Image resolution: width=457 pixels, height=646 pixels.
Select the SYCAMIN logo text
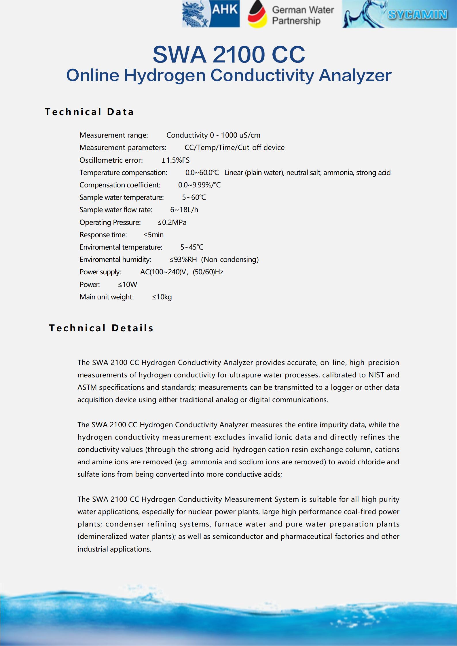pyautogui.click(x=418, y=14)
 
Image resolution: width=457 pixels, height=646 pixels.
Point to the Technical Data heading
pyautogui.click(x=89, y=112)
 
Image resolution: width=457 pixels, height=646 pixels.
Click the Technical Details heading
pyautogui.click(x=101, y=328)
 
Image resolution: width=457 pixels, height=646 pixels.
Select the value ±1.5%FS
pyautogui.click(x=175, y=160)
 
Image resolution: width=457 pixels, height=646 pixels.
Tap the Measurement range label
pyautogui.click(x=114, y=135)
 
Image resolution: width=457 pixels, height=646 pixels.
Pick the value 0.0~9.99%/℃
pyautogui.click(x=199, y=185)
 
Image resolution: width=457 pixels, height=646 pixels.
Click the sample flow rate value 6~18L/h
pyautogui.click(x=184, y=210)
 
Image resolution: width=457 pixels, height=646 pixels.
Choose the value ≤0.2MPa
pyautogui.click(x=172, y=222)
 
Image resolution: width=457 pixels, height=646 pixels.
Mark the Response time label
pyautogui.click(x=103, y=235)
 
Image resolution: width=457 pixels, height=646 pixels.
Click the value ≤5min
pyautogui.click(x=153, y=235)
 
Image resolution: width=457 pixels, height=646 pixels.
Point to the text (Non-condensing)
pyautogui.click(x=230, y=259)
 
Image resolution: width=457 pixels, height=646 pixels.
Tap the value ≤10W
pyautogui.click(x=128, y=284)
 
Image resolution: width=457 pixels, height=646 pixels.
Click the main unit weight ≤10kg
pyautogui.click(x=162, y=297)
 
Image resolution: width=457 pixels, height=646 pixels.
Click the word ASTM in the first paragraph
pyautogui.click(x=87, y=387)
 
